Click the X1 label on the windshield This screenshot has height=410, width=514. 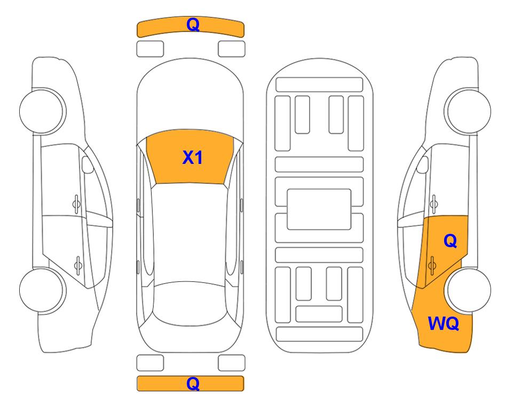coord(193,157)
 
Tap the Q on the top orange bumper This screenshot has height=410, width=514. coord(193,25)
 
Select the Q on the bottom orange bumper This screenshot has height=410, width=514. coord(193,383)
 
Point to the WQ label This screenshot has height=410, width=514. coord(443,324)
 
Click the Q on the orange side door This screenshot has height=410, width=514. coord(450,241)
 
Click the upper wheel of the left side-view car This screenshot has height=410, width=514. coord(42,111)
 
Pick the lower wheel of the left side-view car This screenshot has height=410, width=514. coord(42,290)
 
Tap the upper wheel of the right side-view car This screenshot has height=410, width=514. coord(468,111)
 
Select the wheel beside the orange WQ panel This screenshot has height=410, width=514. coord(468,290)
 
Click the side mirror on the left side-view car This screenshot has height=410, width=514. coord(88,164)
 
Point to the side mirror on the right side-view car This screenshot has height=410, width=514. coord(423,164)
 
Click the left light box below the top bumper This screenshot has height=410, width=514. coord(150,49)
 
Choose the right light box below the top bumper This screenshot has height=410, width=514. coord(232,49)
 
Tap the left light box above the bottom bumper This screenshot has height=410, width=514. coord(150,363)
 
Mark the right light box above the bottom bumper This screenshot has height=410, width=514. coord(232,363)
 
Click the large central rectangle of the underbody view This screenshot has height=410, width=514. coord(319,209)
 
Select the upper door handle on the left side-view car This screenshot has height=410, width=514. coord(76,204)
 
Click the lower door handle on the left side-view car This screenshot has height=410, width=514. coord(78,265)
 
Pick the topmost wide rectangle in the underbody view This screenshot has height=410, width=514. coord(319,85)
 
